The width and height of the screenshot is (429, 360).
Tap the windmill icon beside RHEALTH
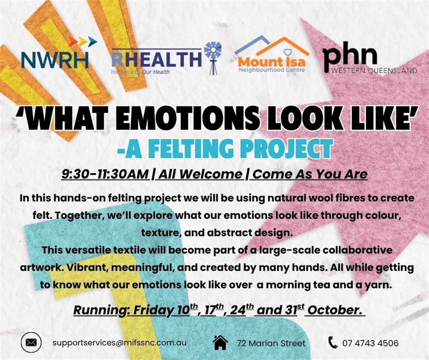(x=213, y=58)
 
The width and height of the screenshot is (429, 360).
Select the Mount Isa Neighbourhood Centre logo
(x=272, y=55)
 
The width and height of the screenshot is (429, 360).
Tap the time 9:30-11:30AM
(x=105, y=174)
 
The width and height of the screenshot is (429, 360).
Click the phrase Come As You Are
(x=310, y=174)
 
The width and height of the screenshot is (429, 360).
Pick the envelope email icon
(x=31, y=342)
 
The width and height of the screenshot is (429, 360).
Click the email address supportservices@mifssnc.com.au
(x=120, y=343)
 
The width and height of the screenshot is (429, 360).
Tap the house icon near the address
(x=221, y=342)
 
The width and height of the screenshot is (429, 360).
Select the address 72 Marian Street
(x=271, y=343)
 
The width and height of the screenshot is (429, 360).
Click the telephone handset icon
(x=333, y=342)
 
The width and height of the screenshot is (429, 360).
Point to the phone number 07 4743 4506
(x=370, y=343)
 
